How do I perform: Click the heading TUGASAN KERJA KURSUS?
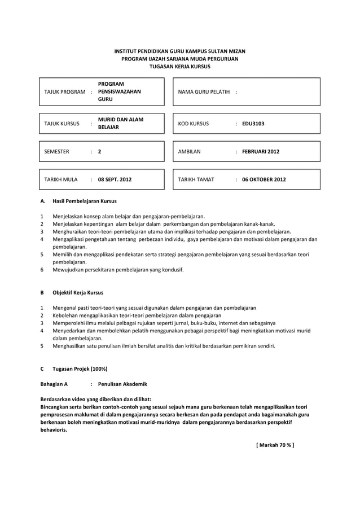coord(179,66)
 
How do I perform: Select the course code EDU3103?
coord(253,124)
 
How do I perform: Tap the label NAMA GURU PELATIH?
coord(204,92)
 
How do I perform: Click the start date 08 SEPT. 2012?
coord(115,180)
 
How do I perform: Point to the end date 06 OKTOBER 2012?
coord(264,180)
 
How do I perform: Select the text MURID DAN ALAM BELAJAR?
coord(120,124)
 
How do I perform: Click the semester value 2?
coord(99,152)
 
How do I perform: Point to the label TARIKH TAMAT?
coord(196,180)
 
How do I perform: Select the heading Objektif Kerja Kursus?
coord(78,292)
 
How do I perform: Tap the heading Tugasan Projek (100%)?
coord(80,368)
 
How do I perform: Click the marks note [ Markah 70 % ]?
coord(275,445)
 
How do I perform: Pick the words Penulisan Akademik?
coord(122,384)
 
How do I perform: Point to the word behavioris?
coord(53,429)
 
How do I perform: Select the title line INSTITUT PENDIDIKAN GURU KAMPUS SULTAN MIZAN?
coord(179,51)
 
